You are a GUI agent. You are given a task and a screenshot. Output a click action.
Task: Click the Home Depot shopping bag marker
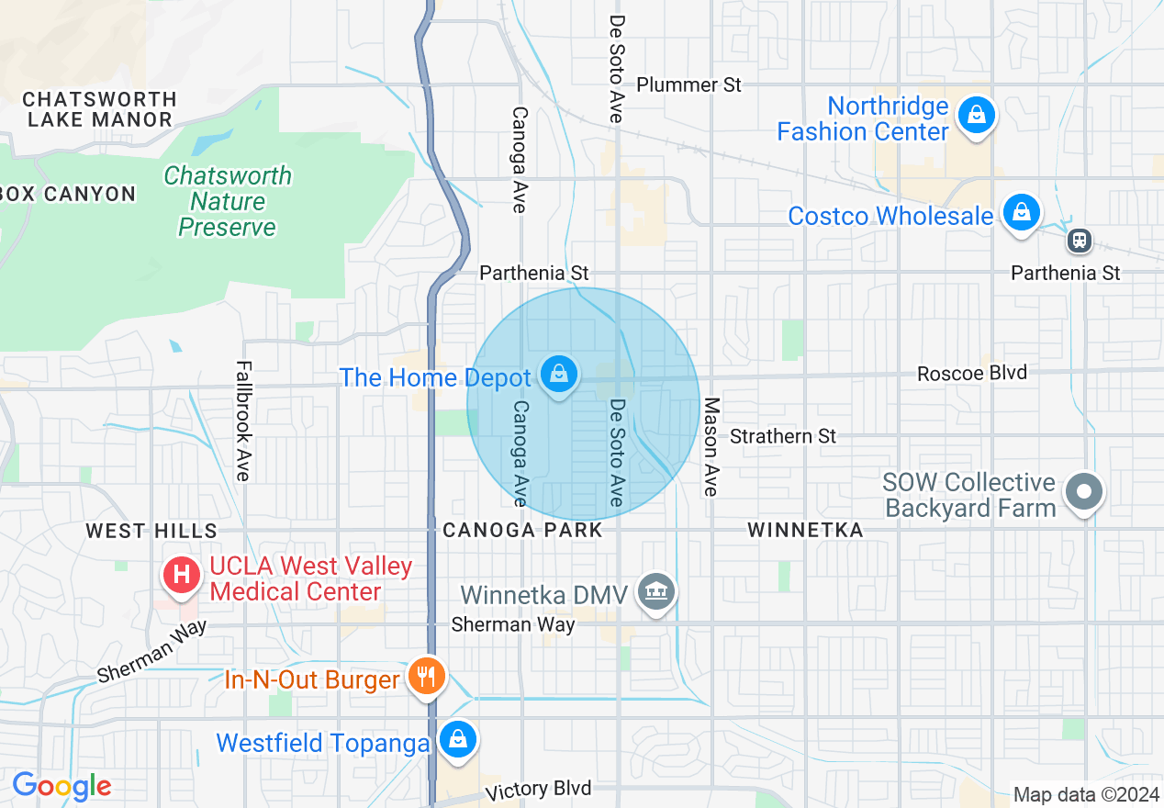(x=558, y=374)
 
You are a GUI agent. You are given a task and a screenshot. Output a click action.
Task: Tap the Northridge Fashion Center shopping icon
(x=977, y=117)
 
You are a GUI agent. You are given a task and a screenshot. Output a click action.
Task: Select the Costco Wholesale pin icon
(x=1021, y=213)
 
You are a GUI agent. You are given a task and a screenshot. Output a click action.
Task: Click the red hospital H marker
(x=182, y=576)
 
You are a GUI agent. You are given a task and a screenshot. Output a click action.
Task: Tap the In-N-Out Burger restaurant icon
(x=427, y=677)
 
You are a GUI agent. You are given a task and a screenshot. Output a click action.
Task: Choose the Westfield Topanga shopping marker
(x=456, y=739)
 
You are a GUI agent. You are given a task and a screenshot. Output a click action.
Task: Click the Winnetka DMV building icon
(x=657, y=592)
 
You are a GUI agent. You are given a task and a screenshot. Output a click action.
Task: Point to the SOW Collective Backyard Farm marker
(x=1084, y=492)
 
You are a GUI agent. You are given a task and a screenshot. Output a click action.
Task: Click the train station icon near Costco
(x=1079, y=241)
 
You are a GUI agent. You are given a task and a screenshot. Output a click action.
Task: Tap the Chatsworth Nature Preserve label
(x=228, y=201)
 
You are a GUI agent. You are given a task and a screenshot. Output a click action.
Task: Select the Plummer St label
(x=688, y=84)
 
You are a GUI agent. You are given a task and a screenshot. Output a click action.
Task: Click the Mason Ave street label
(x=710, y=447)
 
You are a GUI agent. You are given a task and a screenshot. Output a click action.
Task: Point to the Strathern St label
(x=783, y=436)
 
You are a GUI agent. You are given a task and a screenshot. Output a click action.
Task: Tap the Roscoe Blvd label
(x=972, y=373)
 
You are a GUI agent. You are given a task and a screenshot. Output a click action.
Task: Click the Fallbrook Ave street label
(x=242, y=421)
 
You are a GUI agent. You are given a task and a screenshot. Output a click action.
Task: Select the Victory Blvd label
(x=538, y=790)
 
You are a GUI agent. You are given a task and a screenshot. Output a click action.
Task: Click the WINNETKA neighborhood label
(x=805, y=530)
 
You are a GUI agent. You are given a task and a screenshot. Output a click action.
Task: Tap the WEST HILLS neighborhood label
(x=151, y=531)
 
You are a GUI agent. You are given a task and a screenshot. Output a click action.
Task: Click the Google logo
(x=62, y=786)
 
